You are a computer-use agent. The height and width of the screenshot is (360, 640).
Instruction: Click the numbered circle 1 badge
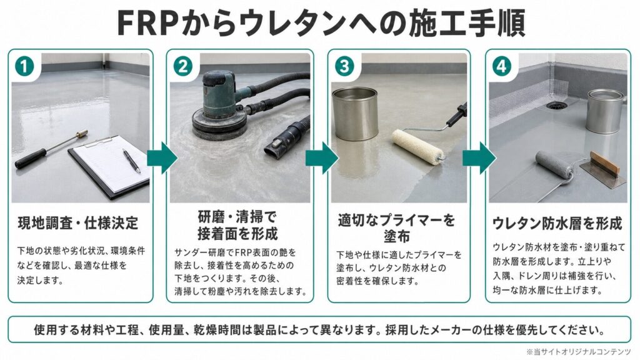pos(24,66)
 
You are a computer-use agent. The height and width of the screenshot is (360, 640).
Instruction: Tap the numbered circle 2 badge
pos(183,66)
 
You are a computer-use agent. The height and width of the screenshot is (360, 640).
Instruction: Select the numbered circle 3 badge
pos(344,66)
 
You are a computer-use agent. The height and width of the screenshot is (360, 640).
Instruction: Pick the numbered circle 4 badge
pos(502,66)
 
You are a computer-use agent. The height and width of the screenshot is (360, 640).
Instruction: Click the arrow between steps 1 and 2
pos(162,158)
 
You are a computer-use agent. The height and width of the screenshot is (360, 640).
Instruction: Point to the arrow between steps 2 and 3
pos(322,158)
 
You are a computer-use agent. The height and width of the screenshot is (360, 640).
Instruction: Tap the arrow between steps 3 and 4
pos(479,158)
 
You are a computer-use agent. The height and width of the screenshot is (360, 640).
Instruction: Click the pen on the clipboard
pos(131,161)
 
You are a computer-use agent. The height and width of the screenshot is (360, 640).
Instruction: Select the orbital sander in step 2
pos(219,105)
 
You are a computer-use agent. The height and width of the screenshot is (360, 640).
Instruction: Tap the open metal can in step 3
pos(355,114)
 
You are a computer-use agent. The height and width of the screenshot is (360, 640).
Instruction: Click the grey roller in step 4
pos(554,165)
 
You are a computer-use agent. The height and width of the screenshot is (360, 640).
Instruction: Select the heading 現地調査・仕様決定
pos(78,223)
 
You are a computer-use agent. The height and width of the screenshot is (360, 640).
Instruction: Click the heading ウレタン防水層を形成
pos(557,223)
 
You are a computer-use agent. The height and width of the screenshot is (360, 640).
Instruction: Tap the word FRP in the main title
pos(147,23)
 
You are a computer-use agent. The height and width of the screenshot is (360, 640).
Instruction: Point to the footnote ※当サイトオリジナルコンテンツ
pos(578,351)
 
